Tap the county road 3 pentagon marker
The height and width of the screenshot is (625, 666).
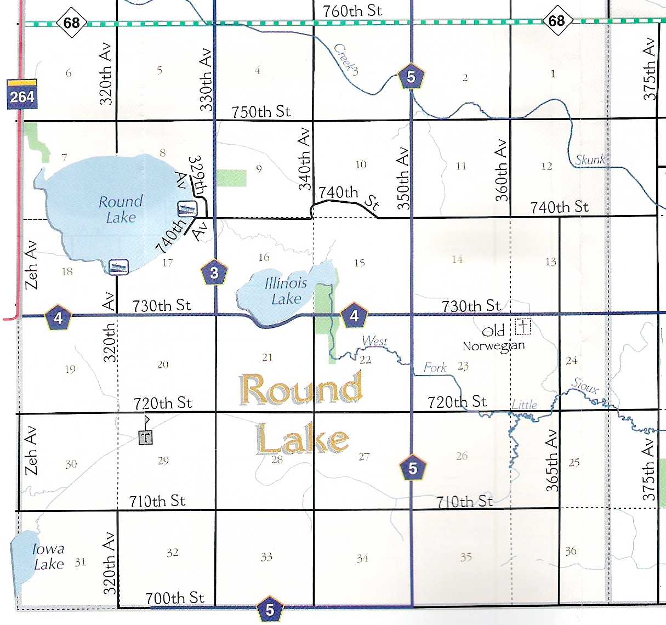click(214, 272)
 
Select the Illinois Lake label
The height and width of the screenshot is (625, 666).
click(286, 291)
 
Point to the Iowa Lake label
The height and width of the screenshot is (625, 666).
click(48, 556)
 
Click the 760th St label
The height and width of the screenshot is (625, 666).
click(352, 10)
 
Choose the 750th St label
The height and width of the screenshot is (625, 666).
click(260, 112)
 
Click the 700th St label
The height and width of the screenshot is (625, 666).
click(175, 598)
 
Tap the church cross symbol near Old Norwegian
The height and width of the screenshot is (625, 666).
click(523, 327)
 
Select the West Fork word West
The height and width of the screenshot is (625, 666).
click(374, 341)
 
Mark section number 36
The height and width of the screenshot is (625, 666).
click(571, 550)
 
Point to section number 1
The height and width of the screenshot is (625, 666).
click(553, 73)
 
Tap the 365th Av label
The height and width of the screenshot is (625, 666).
click(553, 461)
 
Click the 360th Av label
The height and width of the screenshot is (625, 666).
click(501, 171)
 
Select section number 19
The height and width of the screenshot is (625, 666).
click(70, 369)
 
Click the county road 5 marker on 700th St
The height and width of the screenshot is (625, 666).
click(269, 609)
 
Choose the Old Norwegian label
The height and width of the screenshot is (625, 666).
click(494, 339)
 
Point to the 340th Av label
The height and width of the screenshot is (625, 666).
click(304, 159)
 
